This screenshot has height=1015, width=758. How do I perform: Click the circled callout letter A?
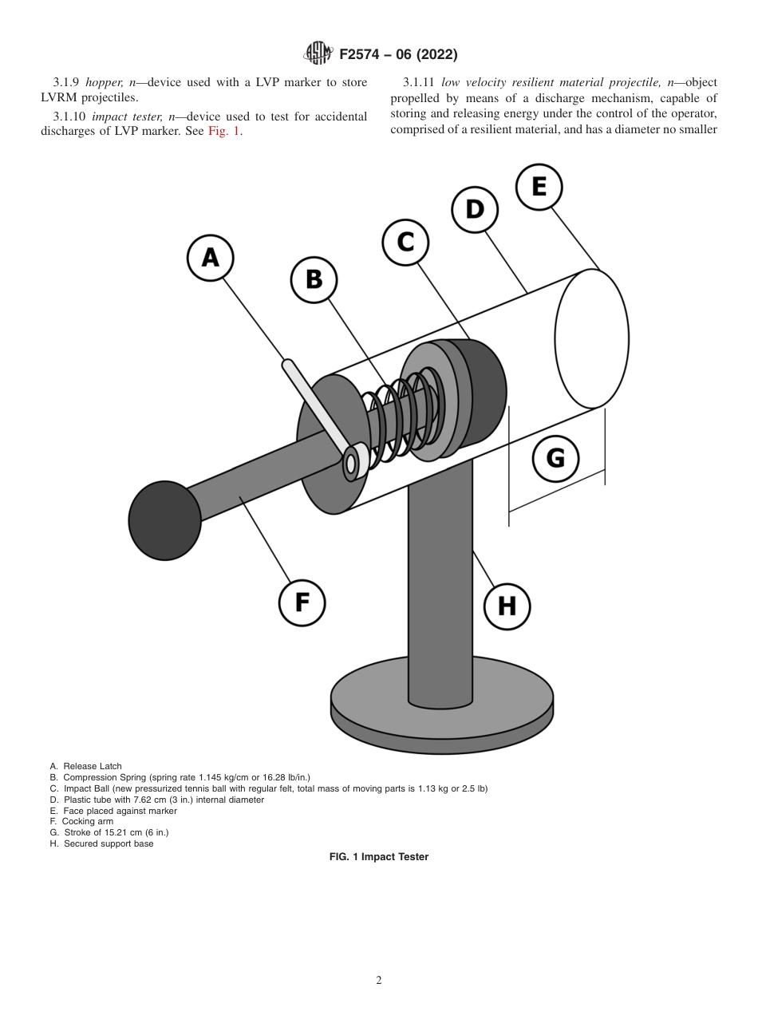pyautogui.click(x=210, y=257)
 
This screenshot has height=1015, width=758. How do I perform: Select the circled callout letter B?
pyautogui.click(x=314, y=278)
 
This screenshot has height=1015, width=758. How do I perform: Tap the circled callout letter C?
pyautogui.click(x=405, y=240)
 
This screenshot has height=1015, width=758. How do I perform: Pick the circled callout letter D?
pyautogui.click(x=474, y=210)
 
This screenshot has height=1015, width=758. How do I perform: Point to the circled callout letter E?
pyautogui.click(x=539, y=186)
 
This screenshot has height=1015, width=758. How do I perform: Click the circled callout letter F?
pyautogui.click(x=302, y=602)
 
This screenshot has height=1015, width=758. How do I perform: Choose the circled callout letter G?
pyautogui.click(x=555, y=458)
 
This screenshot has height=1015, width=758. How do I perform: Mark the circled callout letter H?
pyautogui.click(x=507, y=606)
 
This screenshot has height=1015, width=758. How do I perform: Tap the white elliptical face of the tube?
pyautogui.click(x=591, y=338)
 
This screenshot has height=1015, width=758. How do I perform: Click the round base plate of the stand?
pyautogui.click(x=442, y=702)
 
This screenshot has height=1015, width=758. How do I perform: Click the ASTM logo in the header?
pyautogui.click(x=318, y=54)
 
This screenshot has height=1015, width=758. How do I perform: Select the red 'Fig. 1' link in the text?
pyautogui.click(x=225, y=132)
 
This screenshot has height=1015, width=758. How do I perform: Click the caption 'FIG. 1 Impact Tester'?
pyautogui.click(x=379, y=857)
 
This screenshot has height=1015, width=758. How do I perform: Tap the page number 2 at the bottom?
pyautogui.click(x=379, y=981)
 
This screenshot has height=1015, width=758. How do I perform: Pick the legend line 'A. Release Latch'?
pyautogui.click(x=86, y=766)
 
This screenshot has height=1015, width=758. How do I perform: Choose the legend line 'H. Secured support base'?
pyautogui.click(x=101, y=843)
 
